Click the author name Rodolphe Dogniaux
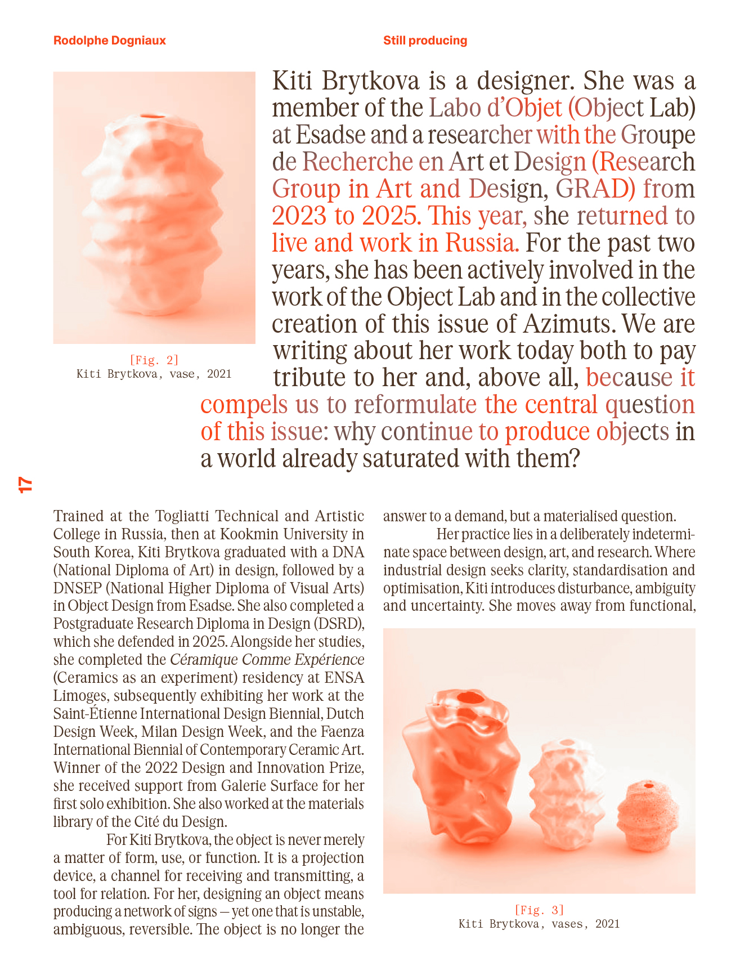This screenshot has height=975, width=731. pos(110,41)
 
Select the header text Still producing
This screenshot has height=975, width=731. pos(425,41)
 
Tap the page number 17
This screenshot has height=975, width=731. pos(25,485)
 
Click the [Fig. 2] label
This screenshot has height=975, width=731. pos(154,360)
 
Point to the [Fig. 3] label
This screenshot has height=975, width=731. pos(539,910)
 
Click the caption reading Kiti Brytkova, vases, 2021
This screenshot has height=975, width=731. pos(539,924)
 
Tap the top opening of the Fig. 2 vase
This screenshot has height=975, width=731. pos(153,117)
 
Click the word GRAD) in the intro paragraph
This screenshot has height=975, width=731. pos(595,189)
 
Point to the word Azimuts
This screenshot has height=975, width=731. pos(567,324)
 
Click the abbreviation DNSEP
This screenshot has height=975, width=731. pos(77,588)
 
